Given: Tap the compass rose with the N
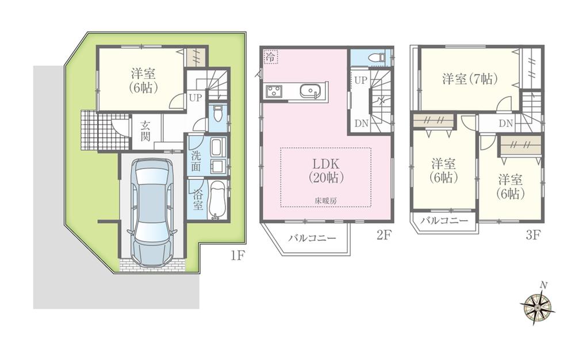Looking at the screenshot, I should (x=538, y=305).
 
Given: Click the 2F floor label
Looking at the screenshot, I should (x=384, y=235).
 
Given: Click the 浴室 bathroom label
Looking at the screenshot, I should (x=197, y=200).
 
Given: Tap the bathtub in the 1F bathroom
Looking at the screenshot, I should (x=218, y=200).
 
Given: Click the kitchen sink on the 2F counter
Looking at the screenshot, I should (x=311, y=91).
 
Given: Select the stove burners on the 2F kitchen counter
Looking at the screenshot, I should (x=273, y=91).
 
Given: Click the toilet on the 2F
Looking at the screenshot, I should (x=376, y=58).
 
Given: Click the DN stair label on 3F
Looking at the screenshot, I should (x=505, y=123).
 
